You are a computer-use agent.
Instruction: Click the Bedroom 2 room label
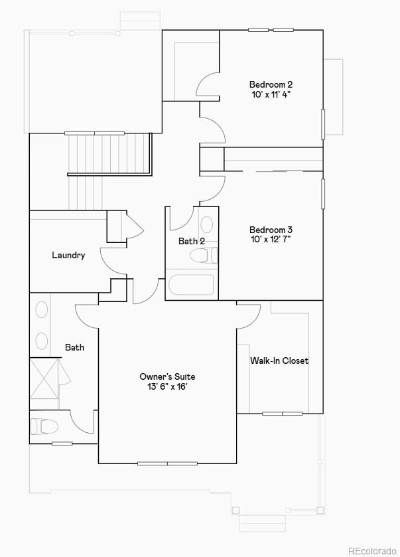271,84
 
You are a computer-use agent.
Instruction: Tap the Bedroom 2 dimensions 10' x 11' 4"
271,94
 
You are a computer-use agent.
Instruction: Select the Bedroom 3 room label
271,230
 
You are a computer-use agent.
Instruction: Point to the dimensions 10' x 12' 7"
271,240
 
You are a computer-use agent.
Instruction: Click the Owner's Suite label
167,376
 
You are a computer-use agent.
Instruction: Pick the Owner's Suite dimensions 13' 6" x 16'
167,386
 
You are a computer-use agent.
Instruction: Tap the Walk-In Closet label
279,361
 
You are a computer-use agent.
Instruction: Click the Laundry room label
68,255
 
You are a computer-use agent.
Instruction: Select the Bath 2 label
191,242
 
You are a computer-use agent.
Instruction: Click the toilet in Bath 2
202,256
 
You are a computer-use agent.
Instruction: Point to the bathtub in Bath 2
191,285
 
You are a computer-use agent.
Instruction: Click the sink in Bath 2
207,224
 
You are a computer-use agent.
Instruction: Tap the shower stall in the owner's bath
44,378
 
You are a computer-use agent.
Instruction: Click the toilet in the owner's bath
45,426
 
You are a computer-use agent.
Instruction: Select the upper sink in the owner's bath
42,311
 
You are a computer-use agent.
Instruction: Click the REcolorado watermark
373,550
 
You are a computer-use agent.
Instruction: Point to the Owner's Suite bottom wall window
167,463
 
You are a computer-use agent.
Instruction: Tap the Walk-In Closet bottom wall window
282,414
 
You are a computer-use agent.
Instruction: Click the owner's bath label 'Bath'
74,347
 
